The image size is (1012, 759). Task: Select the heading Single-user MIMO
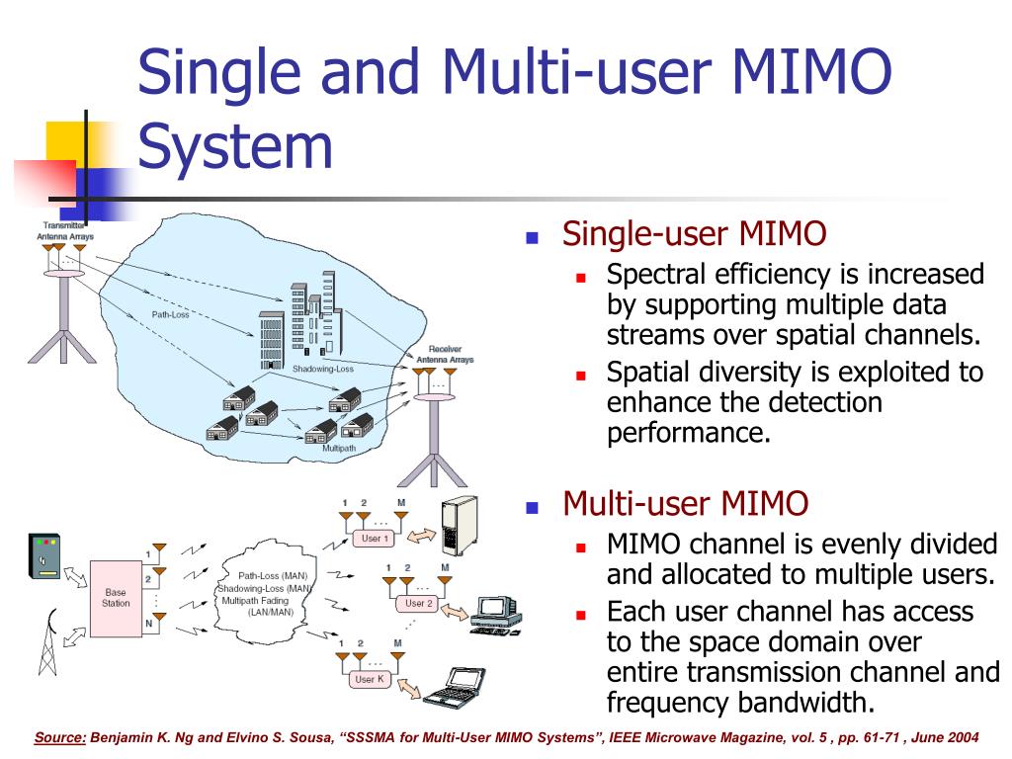[x=694, y=235]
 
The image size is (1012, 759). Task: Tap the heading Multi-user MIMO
[x=685, y=505]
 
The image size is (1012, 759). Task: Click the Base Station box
[x=116, y=598]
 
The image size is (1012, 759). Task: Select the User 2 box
[x=418, y=603]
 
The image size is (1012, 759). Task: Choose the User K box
[x=369, y=679]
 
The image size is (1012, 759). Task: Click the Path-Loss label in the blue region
[x=169, y=315]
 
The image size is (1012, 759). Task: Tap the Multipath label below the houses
[x=339, y=448]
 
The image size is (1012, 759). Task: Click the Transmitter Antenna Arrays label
[x=65, y=232]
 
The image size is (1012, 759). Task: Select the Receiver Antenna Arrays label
[x=444, y=355]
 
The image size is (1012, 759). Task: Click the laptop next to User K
[x=454, y=681]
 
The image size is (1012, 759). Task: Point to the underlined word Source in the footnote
[x=61, y=737]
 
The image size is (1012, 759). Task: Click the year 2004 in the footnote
[x=963, y=737]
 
